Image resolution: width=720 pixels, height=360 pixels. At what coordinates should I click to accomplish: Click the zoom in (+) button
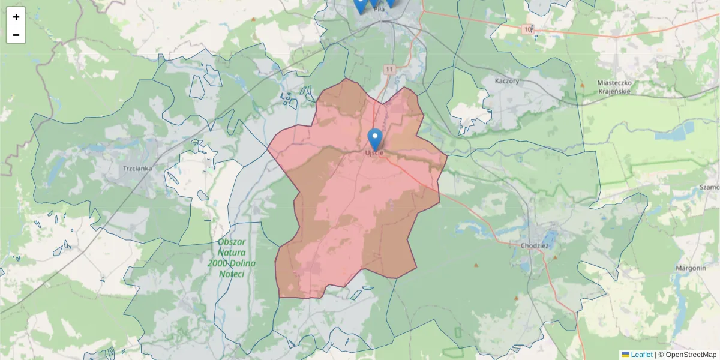click(x=16, y=17)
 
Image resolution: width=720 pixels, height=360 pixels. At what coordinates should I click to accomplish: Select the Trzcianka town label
click(x=137, y=169)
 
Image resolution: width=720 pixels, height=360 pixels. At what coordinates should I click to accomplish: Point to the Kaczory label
click(x=507, y=80)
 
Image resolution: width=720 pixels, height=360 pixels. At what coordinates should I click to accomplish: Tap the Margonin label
click(x=691, y=268)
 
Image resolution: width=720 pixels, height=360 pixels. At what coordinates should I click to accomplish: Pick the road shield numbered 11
click(x=390, y=70)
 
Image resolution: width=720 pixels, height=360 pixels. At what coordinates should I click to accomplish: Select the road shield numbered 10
click(x=527, y=29)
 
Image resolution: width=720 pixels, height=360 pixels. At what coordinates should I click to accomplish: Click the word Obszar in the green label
click(x=232, y=242)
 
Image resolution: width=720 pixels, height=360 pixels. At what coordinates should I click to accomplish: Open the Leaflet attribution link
click(x=641, y=355)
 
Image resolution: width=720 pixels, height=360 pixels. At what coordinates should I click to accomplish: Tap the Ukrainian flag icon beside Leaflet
click(x=625, y=355)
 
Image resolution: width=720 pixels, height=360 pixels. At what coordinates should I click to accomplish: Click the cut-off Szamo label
click(x=709, y=187)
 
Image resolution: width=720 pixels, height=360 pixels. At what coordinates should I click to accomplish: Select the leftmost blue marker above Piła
click(x=360, y=5)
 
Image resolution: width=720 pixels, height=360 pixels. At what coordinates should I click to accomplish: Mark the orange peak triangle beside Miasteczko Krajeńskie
click(x=582, y=85)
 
